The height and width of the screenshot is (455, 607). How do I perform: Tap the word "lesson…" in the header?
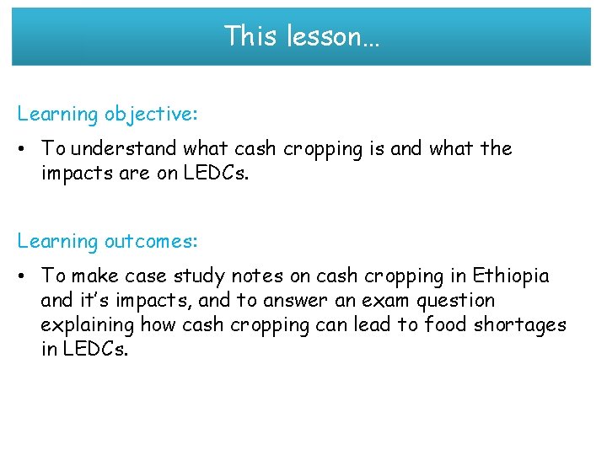click(333, 36)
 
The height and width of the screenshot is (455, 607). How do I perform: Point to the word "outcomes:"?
click(152, 242)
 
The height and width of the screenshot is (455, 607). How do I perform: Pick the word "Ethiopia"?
click(511, 276)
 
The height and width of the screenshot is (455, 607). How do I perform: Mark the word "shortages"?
click(524, 325)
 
